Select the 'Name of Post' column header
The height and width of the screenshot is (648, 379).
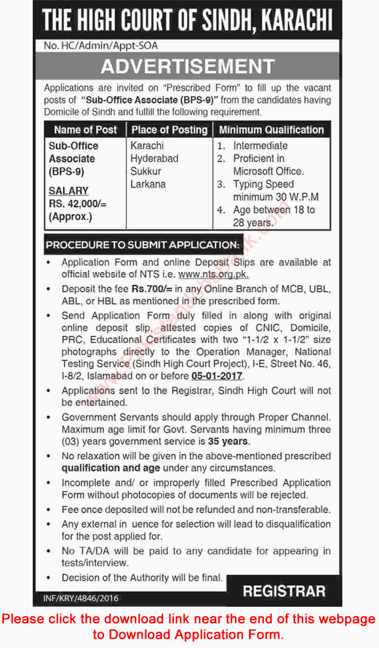coord(85,129)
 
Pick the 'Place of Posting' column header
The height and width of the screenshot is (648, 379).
coord(170,129)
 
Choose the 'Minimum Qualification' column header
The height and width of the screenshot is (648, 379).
coord(271,129)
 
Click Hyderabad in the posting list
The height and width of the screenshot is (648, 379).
coord(154,158)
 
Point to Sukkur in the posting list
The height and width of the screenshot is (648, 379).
coord(147,171)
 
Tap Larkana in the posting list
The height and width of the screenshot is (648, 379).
coord(148,184)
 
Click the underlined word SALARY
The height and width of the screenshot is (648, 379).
coord(68,190)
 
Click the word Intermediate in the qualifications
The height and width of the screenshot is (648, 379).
coord(260,146)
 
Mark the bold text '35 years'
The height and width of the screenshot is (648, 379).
coord(228,441)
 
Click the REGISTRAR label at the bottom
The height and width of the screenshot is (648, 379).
coord(283,591)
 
